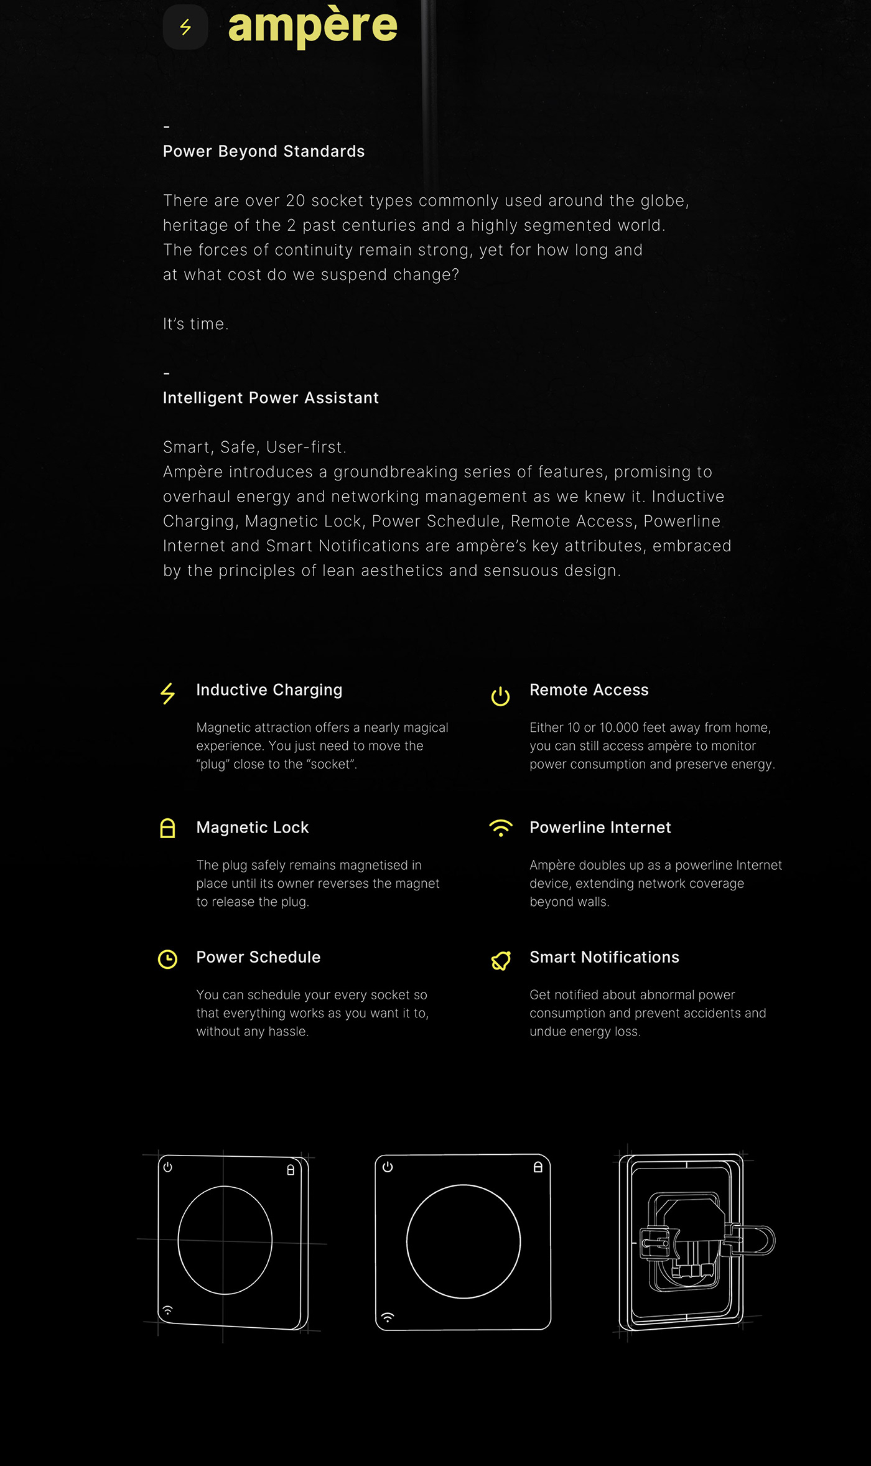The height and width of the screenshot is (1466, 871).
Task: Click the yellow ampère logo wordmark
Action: pyautogui.click(x=312, y=26)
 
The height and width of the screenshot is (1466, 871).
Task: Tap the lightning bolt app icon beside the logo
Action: pyautogui.click(x=185, y=27)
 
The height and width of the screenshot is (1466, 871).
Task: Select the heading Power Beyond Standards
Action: pyautogui.click(x=264, y=151)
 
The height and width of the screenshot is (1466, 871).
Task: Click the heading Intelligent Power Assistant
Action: pyautogui.click(x=271, y=398)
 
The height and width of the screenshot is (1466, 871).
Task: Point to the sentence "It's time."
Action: pyautogui.click(x=196, y=324)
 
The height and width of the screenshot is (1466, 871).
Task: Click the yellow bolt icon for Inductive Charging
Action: pyautogui.click(x=168, y=693)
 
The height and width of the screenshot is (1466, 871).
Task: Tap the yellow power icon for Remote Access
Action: pyautogui.click(x=500, y=696)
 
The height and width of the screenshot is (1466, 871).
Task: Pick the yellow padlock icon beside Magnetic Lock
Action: pyautogui.click(x=167, y=828)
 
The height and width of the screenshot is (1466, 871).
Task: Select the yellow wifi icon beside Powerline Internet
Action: pyautogui.click(x=501, y=828)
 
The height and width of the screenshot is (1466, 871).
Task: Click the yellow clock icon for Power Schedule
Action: pyautogui.click(x=167, y=959)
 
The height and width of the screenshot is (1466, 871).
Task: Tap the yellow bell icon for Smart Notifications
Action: pyautogui.click(x=501, y=960)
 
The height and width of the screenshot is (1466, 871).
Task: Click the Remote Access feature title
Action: pyautogui.click(x=589, y=689)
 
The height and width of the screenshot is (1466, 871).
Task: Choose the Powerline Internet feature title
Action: pyautogui.click(x=600, y=827)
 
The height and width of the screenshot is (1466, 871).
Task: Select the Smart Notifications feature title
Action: pyautogui.click(x=604, y=957)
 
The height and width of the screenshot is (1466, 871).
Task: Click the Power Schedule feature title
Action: pyautogui.click(x=258, y=957)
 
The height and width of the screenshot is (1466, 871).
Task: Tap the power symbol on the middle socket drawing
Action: pyautogui.click(x=388, y=1167)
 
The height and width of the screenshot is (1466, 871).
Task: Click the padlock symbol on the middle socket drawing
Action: pyautogui.click(x=538, y=1167)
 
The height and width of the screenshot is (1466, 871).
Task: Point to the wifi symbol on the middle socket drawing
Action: pyautogui.click(x=388, y=1317)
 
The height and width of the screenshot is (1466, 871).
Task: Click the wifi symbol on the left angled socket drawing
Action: pyautogui.click(x=167, y=1310)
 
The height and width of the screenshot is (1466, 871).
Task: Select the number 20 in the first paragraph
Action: pyautogui.click(x=295, y=200)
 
